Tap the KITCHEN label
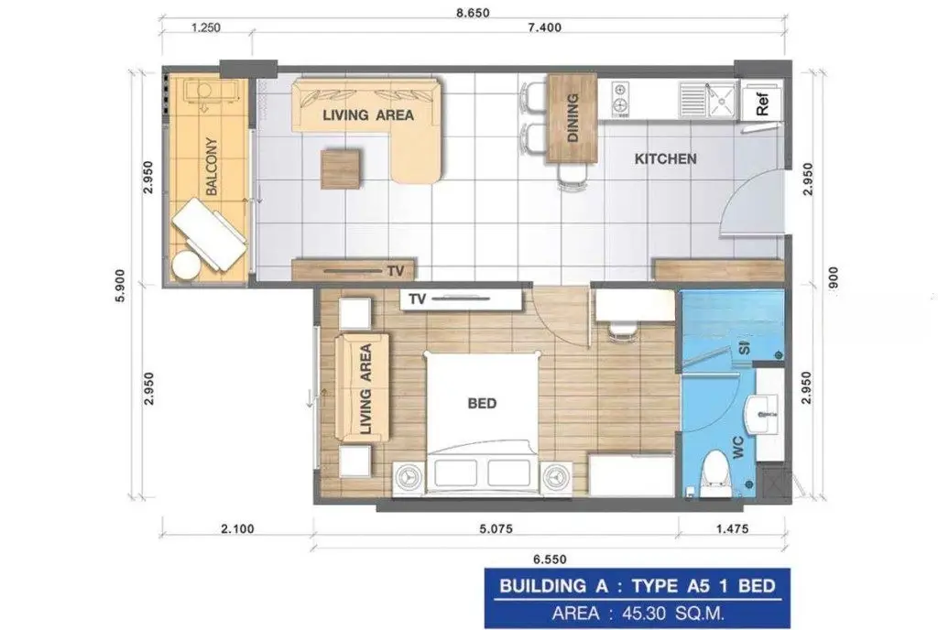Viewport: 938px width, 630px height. tap(665, 159)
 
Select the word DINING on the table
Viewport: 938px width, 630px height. tap(573, 118)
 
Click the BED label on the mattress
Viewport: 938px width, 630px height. tap(482, 404)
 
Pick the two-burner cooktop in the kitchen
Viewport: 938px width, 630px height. tap(620, 99)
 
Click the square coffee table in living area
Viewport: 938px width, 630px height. tap(341, 168)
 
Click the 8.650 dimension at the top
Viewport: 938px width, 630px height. tap(473, 13)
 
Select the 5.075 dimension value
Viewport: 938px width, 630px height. tap(496, 528)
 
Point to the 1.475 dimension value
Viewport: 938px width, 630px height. tap(732, 528)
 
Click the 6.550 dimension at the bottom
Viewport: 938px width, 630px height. tap(550, 559)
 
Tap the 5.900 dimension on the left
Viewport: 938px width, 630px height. tap(120, 286)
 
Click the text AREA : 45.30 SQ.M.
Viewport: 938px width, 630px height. tap(638, 614)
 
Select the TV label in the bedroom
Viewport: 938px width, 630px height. tap(418, 299)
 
